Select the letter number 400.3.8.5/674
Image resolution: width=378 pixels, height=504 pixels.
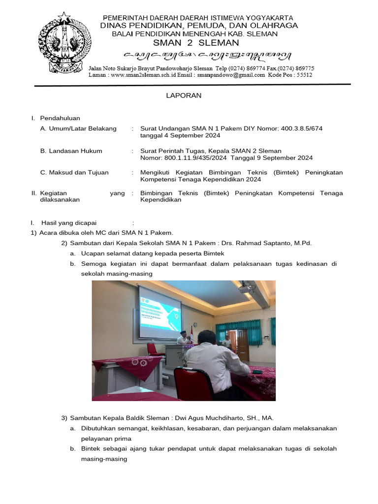(x=301, y=128)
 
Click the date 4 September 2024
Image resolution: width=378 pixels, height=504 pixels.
(x=180, y=135)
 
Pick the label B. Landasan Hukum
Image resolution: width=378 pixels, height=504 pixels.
(x=71, y=151)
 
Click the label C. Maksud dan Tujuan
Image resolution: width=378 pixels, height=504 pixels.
(x=74, y=173)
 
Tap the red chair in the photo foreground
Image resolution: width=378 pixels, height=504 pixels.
(x=193, y=384)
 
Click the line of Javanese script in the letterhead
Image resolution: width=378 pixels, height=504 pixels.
(x=199, y=55)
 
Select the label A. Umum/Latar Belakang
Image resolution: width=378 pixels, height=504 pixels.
(x=78, y=128)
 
